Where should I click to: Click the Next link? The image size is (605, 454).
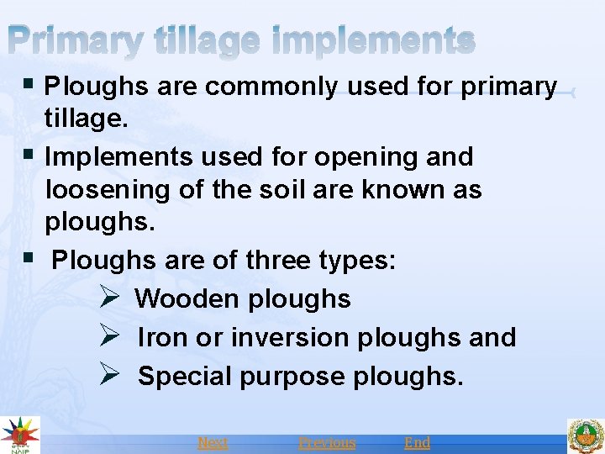point(213,442)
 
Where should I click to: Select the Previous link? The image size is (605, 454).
point(327,442)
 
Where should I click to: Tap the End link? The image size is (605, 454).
point(417,442)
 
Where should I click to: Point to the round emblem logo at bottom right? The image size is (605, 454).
point(585,436)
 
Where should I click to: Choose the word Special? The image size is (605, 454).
point(185,376)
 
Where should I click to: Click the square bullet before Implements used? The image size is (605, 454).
point(31,156)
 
